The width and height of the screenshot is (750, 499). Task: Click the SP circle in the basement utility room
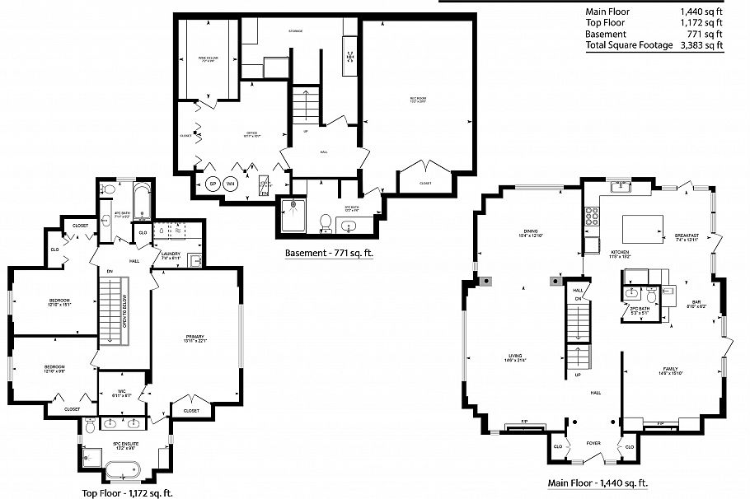tap(212, 183)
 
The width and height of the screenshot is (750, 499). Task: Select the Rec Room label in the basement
tap(418, 100)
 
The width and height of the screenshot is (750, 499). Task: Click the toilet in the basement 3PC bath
tap(326, 222)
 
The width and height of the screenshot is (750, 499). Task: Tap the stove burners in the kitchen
tap(591, 216)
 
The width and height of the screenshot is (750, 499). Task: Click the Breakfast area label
tap(687, 237)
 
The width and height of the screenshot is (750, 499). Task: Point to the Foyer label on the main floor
tap(593, 442)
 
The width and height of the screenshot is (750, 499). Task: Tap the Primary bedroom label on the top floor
tap(195, 338)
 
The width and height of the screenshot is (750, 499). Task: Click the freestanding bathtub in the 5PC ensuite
tap(123, 472)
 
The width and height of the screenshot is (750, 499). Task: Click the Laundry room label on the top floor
tap(171, 255)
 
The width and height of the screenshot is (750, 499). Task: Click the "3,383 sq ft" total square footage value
tap(701, 46)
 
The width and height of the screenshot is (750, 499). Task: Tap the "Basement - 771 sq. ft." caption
tap(329, 254)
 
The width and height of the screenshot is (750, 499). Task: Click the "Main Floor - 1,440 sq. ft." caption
tap(598, 483)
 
